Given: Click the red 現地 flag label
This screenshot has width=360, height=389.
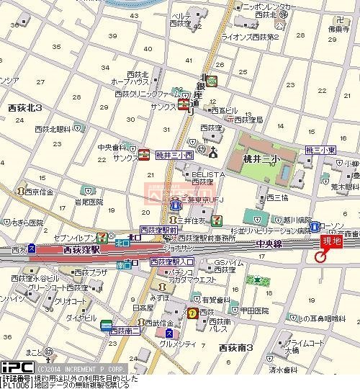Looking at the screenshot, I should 331,243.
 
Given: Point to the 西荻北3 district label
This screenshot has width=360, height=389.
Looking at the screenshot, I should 24,107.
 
